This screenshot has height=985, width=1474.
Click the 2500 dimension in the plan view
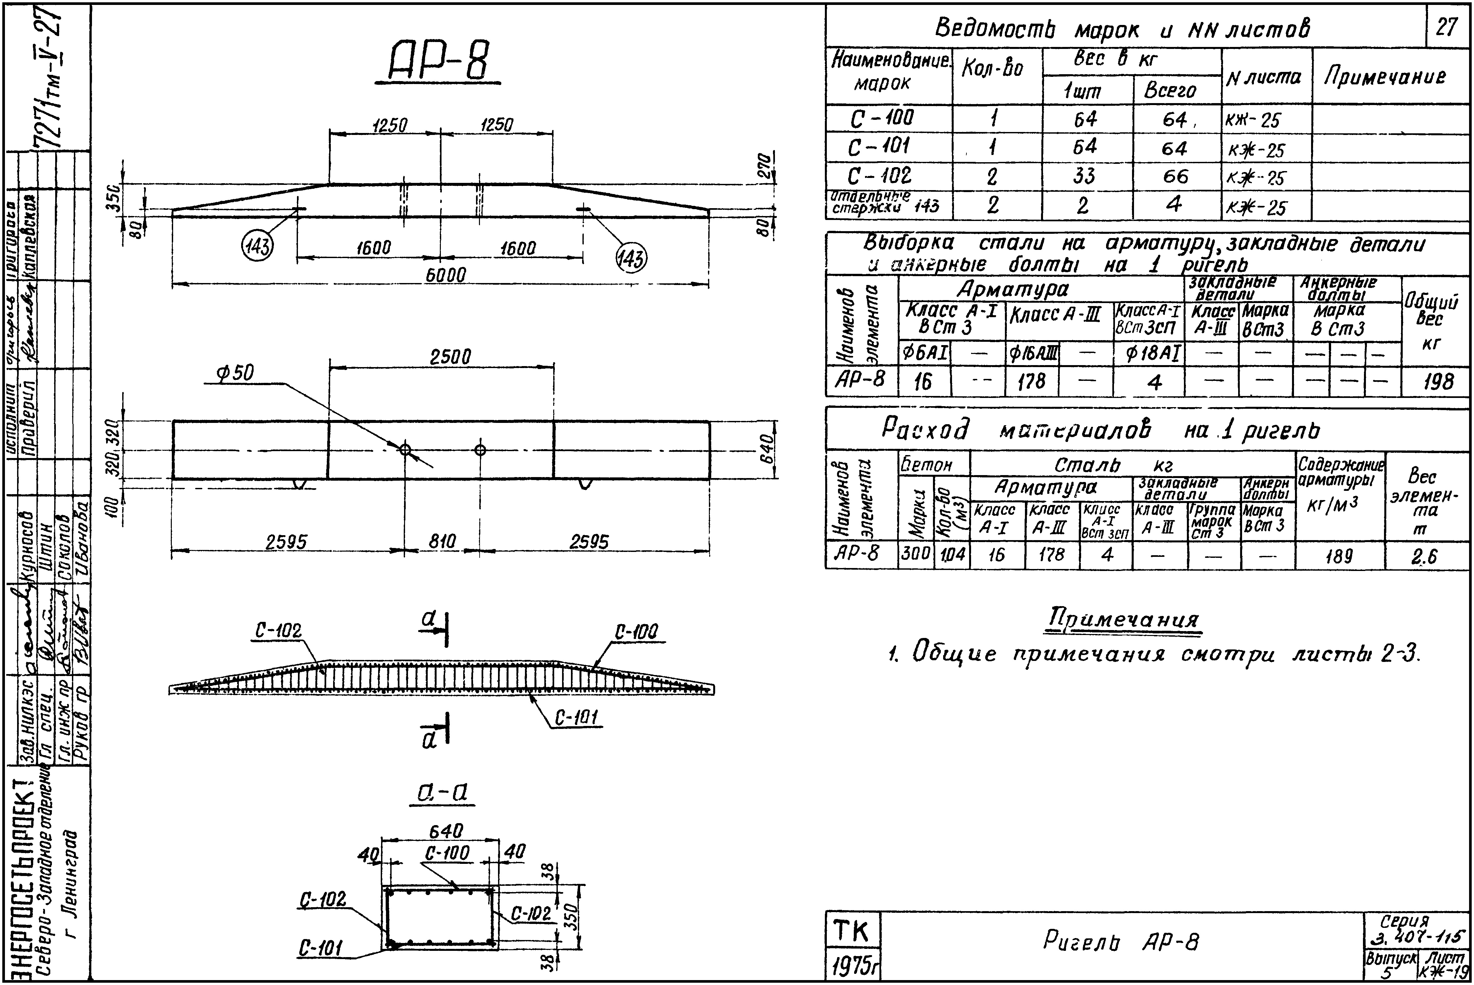pyautogui.click(x=450, y=358)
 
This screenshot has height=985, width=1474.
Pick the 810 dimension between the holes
pyautogui.click(x=442, y=541)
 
